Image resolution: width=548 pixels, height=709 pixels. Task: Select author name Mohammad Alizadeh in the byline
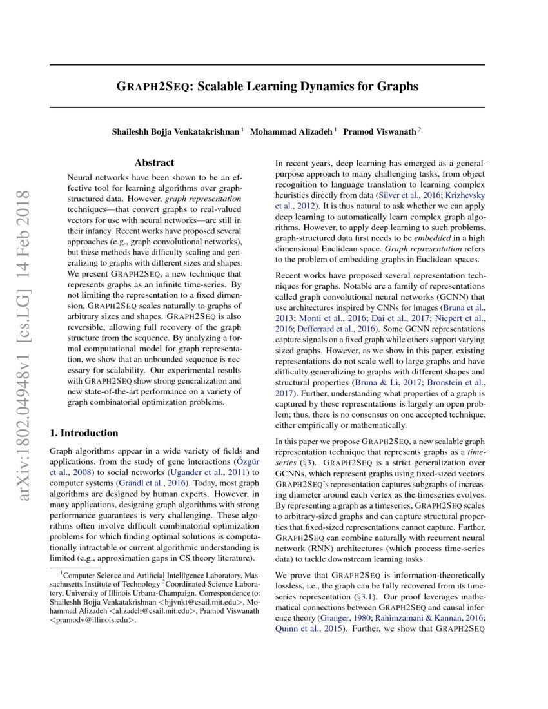pyautogui.click(x=291, y=131)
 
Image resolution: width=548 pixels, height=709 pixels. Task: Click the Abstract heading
pyautogui.click(x=154, y=163)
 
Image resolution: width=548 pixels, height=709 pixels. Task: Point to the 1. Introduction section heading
pyautogui.click(x=84, y=432)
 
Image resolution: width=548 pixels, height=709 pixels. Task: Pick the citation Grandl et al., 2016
pyautogui.click(x=154, y=481)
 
